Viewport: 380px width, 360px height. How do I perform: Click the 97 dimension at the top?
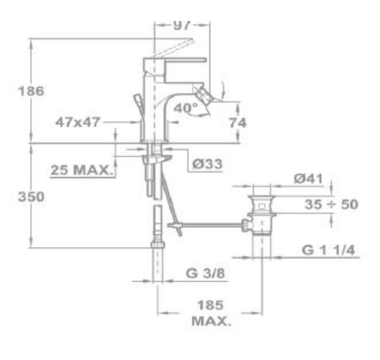182,25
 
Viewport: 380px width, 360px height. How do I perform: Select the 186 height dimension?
31,91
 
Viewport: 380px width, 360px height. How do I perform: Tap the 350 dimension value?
31,196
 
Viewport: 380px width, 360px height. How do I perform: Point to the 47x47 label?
78,122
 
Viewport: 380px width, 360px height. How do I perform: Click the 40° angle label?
186,108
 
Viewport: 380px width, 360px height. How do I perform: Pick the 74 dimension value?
238,123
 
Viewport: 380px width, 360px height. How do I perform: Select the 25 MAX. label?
82,170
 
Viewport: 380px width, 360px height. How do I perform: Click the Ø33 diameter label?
207,164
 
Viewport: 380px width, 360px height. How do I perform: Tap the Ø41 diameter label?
308,179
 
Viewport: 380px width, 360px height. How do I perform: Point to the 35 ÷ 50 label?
331,204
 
